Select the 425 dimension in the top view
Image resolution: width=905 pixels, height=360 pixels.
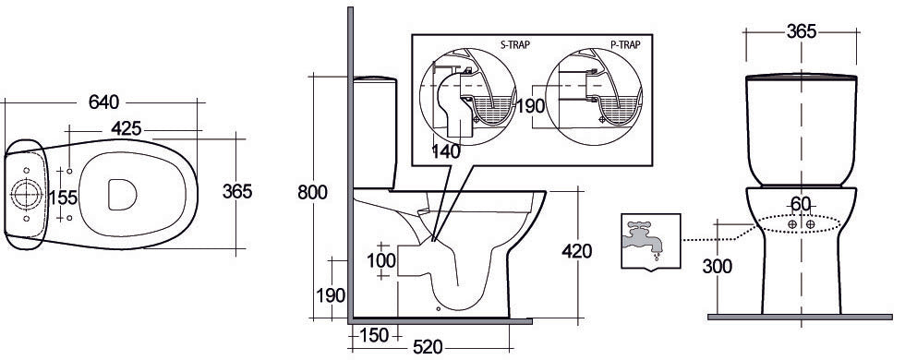click(133, 127)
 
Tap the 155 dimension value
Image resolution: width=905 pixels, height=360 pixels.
click(62, 197)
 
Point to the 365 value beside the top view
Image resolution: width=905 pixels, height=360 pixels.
click(237, 191)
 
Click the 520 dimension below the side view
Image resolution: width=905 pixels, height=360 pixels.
click(428, 348)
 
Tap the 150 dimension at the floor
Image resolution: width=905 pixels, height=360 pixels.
click(373, 335)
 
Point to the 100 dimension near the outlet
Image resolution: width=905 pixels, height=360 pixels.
click(381, 259)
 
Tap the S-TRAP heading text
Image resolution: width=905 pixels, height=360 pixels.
click(476, 43)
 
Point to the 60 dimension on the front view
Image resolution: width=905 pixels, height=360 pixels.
click(802, 204)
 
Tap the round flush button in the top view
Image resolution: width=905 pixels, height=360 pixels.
click(23, 194)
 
